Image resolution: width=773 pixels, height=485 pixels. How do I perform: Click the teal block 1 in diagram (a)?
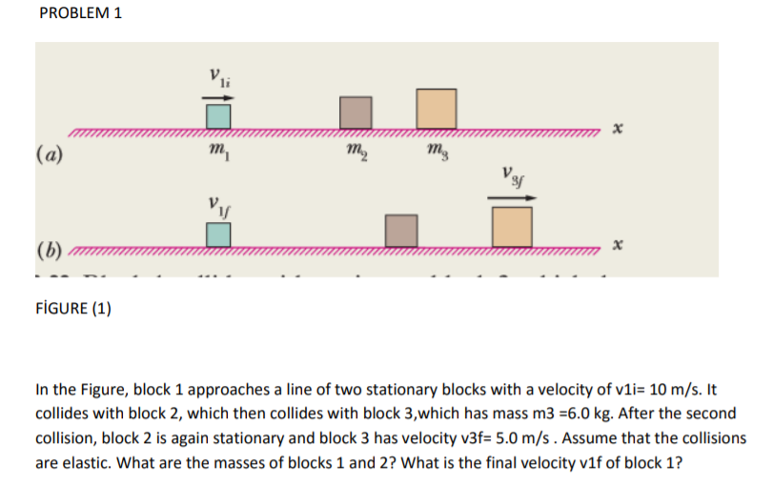[x=219, y=115]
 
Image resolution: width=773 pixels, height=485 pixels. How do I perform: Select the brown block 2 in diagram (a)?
[x=356, y=112]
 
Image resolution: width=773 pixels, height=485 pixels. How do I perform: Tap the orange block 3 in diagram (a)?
[x=435, y=108]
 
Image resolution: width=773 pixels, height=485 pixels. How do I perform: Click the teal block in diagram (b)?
[x=219, y=233]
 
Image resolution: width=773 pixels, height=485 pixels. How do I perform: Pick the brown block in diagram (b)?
[x=401, y=231]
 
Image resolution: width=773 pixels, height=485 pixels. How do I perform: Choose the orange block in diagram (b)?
[x=513, y=228]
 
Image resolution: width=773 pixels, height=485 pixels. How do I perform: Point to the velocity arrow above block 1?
[x=217, y=95]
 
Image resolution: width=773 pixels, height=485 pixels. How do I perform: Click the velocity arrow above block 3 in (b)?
[x=513, y=198]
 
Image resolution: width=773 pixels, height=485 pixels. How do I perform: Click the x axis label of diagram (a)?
[x=617, y=129]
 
